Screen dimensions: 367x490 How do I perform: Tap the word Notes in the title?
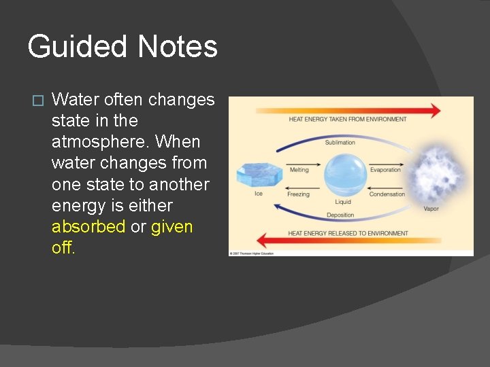point(177,48)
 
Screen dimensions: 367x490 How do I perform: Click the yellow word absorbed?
point(88,226)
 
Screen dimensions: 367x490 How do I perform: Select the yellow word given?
point(171,226)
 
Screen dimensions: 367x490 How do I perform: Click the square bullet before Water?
point(37,101)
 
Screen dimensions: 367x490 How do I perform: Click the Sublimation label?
point(340,143)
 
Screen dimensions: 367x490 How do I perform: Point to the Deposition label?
point(340,215)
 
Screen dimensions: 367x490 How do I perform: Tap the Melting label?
point(299,170)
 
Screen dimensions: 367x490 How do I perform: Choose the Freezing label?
point(298,194)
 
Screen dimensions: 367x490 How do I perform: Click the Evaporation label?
point(385,170)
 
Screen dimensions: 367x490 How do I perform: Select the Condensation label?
point(387,194)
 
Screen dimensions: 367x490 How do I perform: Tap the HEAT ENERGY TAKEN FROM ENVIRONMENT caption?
point(348,120)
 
